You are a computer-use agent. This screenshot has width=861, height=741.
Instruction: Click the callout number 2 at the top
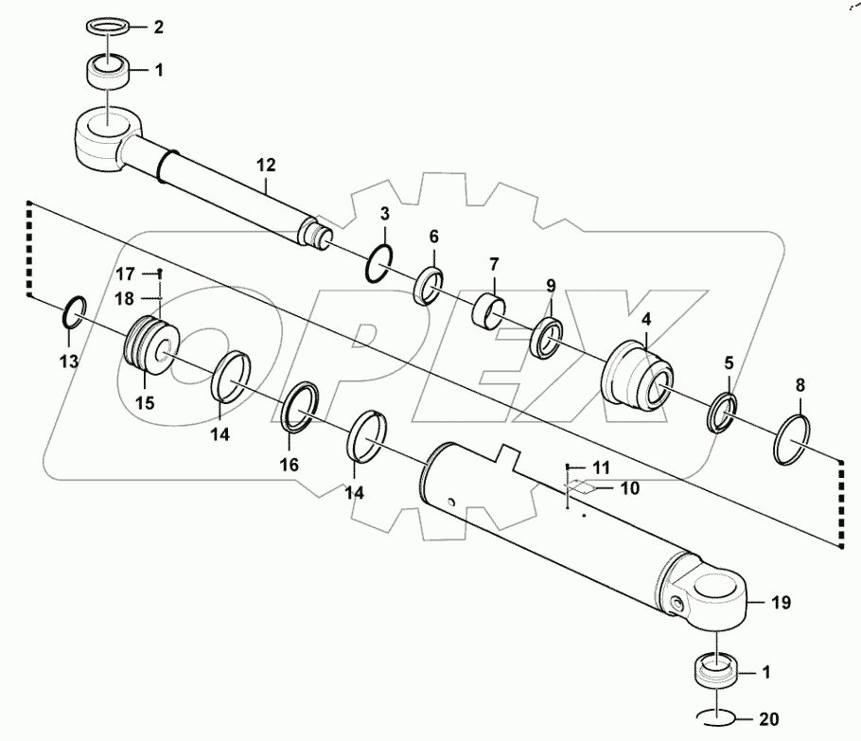(159, 27)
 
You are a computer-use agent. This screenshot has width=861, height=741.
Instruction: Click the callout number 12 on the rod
(265, 166)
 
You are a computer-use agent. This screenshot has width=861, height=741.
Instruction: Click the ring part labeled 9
(548, 337)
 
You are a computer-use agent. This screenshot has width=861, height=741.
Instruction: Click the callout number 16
(290, 465)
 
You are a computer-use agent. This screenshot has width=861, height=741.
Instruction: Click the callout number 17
(126, 274)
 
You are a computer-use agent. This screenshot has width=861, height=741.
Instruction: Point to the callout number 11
(603, 467)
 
